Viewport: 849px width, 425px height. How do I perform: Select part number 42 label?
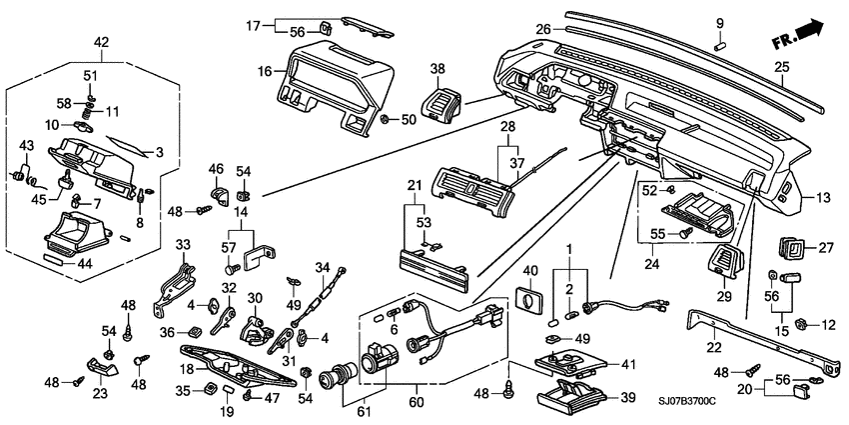pyautogui.click(x=102, y=41)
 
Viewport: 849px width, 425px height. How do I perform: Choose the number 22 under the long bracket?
pyautogui.click(x=712, y=347)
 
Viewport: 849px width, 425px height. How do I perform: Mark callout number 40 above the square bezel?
pyautogui.click(x=530, y=271)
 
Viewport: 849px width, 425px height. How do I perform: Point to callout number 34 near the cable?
pyautogui.click(x=322, y=267)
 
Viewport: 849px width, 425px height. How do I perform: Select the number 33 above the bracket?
pyautogui.click(x=183, y=244)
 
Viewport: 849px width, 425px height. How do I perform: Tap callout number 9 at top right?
pyautogui.click(x=718, y=22)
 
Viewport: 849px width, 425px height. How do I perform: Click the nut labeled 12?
pyautogui.click(x=801, y=324)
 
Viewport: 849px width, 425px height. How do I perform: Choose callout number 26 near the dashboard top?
pyautogui.click(x=543, y=28)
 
